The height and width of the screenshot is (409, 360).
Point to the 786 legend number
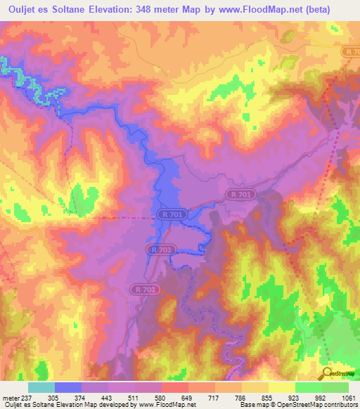tap(240, 396)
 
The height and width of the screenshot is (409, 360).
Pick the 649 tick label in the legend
tap(187, 396)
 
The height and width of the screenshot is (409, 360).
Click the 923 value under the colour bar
tap(294, 396)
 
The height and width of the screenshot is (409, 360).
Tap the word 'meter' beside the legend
tap(10, 396)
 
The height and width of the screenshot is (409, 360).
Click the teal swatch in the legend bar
tap(41, 387)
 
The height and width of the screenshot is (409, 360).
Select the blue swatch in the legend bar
tap(68, 387)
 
